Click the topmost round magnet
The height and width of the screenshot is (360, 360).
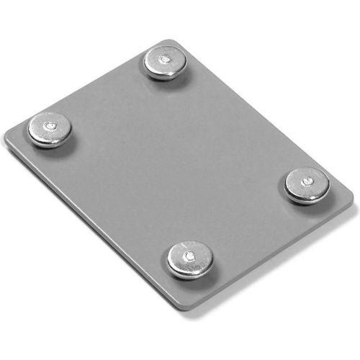coord(165,60)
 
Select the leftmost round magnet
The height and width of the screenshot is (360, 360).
coord(49,129)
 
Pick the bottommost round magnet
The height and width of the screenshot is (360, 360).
coord(189,258)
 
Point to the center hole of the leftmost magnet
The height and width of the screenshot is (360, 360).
coord(49,126)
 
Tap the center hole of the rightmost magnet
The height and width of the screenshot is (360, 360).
coord(307,181)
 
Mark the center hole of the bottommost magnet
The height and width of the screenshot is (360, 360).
coord(189,255)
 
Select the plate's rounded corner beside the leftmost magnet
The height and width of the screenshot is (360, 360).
coord(9,137)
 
